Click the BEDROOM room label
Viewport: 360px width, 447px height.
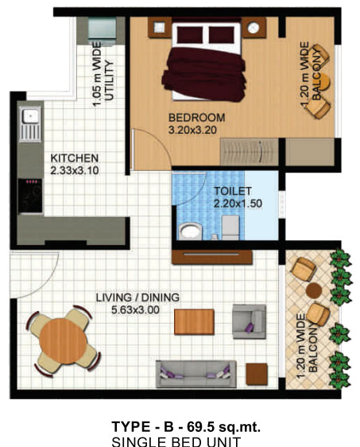[196, 118]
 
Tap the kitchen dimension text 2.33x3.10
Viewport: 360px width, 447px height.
[75, 170]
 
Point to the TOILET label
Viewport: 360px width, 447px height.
[233, 191]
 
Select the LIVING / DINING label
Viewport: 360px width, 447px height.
[137, 297]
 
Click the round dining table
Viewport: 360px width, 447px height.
[64, 341]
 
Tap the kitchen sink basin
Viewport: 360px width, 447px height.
[30, 116]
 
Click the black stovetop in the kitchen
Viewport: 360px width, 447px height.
[30, 196]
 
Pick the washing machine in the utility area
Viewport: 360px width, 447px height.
[102, 30]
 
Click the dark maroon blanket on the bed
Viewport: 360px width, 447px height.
[204, 75]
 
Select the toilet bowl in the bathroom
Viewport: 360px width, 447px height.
[190, 231]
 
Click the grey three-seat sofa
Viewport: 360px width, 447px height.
[196, 374]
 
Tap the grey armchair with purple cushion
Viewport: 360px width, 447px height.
[250, 321]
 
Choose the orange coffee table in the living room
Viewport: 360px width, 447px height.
[194, 321]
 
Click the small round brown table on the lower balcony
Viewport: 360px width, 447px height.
[314, 290]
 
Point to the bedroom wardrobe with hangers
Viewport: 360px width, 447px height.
[250, 152]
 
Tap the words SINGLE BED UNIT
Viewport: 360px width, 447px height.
[176, 441]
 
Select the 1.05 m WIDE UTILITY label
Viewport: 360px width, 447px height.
[103, 75]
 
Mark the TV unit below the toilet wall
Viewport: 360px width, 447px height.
[212, 257]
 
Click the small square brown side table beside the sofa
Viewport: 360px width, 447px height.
[257, 374]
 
